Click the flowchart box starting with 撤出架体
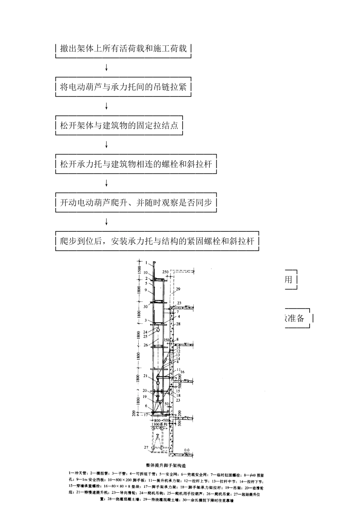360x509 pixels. pyautogui.click(x=124, y=48)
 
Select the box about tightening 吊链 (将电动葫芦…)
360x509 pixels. pyautogui.click(x=124, y=87)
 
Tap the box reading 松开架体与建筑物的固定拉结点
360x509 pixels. pyautogui.click(x=119, y=125)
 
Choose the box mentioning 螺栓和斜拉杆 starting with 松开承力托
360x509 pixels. pyautogui.click(x=136, y=164)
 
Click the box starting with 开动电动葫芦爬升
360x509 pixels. pyautogui.click(x=136, y=203)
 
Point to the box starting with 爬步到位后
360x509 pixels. pyautogui.click(x=157, y=241)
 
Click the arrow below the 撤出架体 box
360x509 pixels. pyautogui.click(x=106, y=68)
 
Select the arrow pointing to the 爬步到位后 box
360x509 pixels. pyautogui.click(x=106, y=222)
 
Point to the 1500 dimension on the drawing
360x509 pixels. pyautogui.click(x=139, y=270)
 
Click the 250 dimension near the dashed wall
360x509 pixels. pyautogui.click(x=165, y=272)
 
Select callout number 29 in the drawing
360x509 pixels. pyautogui.click(x=178, y=289)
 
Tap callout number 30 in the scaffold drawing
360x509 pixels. pyautogui.click(x=146, y=307)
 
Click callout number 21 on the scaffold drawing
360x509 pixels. pyautogui.click(x=146, y=376)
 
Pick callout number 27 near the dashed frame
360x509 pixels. pyautogui.click(x=146, y=447)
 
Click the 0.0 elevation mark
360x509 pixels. pyautogui.click(x=186, y=450)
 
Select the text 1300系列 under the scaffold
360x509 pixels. pyautogui.click(x=159, y=425)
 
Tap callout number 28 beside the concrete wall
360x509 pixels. pyautogui.click(x=178, y=324)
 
